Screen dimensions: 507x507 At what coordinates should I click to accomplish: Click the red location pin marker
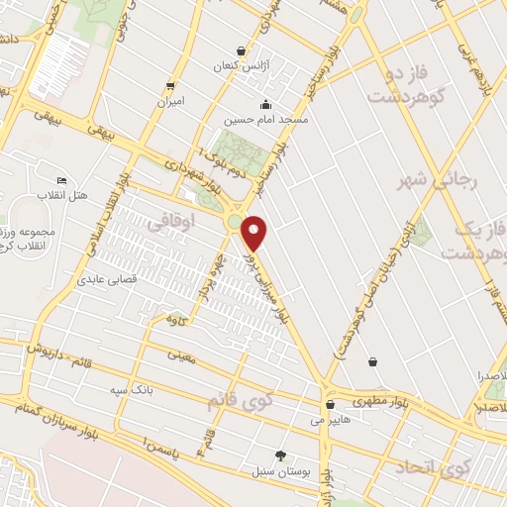pyautogui.click(x=253, y=233)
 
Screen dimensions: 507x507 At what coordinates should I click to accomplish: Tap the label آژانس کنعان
pyautogui.click(x=243, y=66)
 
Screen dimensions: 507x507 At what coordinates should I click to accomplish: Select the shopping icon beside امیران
pyautogui.click(x=171, y=86)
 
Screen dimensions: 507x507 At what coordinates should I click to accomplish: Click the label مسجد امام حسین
pyautogui.click(x=265, y=119)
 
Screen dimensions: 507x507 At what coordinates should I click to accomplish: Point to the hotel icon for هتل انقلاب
pyautogui.click(x=61, y=180)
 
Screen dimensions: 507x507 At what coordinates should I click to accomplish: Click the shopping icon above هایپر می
pyautogui.click(x=329, y=403)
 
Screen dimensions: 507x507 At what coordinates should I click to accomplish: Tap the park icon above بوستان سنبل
pyautogui.click(x=280, y=456)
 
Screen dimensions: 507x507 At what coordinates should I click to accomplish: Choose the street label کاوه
pyautogui.click(x=179, y=320)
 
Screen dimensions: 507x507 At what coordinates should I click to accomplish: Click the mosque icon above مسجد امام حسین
pyautogui.click(x=265, y=104)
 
